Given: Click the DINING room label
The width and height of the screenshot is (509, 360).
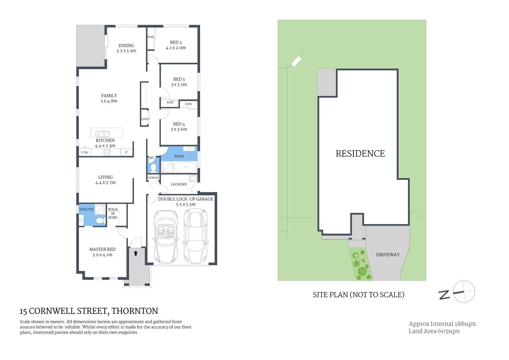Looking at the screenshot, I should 126,45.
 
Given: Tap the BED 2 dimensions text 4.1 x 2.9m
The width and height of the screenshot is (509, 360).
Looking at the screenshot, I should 176,48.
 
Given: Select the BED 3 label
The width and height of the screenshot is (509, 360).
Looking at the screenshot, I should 179,79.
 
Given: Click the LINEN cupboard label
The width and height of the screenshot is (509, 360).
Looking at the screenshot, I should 145,119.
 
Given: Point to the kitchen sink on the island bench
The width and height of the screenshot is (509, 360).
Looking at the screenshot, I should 102,133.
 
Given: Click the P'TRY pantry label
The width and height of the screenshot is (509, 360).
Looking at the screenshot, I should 85,153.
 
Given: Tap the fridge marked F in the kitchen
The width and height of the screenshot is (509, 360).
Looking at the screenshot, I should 126,152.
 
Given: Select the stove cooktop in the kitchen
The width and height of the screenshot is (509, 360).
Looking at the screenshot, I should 107,152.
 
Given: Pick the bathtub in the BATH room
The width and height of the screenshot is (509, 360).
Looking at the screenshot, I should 185,167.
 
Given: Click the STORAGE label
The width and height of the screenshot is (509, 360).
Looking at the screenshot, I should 153,178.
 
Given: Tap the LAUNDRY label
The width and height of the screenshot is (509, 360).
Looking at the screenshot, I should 179,184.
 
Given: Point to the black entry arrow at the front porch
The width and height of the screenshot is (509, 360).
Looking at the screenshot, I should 136,253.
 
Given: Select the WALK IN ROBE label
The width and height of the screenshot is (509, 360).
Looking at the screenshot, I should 113,213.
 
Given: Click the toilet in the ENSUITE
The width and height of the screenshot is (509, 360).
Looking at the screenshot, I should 100,220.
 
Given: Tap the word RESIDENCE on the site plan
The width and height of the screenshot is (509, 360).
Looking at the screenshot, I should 360,153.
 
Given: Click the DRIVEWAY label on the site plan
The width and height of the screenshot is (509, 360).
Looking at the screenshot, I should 388,255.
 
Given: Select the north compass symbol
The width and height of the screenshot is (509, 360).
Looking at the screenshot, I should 463,292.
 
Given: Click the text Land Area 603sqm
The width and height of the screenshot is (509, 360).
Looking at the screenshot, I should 434,331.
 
